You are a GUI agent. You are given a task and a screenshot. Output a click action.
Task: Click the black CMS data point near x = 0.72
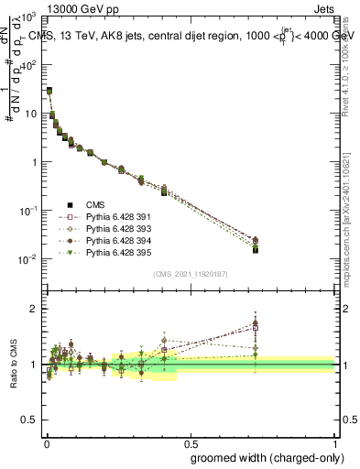point(256,249)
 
